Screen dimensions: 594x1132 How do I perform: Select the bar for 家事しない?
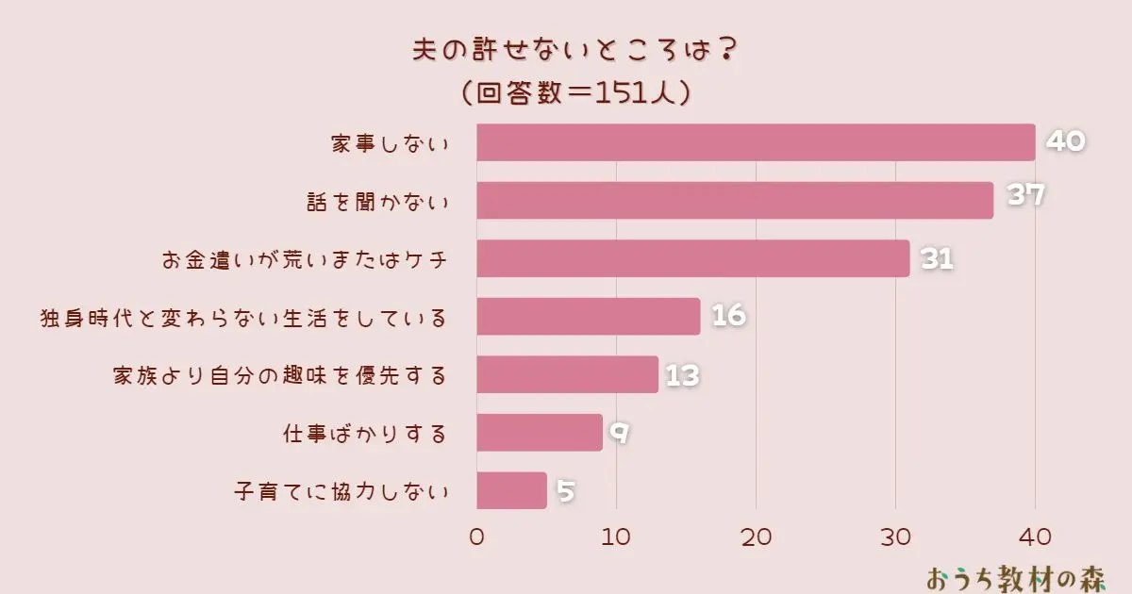pyautogui.click(x=756, y=142)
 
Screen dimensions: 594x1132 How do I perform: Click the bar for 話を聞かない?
pyautogui.click(x=735, y=200)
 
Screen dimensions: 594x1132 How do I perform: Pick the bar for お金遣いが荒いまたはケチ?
pyautogui.click(x=693, y=258)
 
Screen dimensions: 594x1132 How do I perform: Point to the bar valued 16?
pyautogui.click(x=589, y=317)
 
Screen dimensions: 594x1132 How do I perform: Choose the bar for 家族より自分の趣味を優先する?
pyautogui.click(x=567, y=374)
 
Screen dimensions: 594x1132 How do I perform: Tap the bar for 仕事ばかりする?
pyautogui.click(x=540, y=433)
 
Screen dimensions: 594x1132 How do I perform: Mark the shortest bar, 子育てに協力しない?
pyautogui.click(x=511, y=490)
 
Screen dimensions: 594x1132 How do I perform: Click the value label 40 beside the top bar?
pyautogui.click(x=1066, y=141)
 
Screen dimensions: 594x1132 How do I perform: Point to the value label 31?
pyautogui.click(x=938, y=258)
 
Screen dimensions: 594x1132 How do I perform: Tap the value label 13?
pyautogui.click(x=682, y=375)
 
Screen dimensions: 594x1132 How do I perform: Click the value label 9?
pyautogui.click(x=619, y=434)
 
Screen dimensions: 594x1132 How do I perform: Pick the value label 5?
pyautogui.click(x=565, y=491)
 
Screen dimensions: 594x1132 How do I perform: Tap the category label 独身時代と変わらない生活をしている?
pyautogui.click(x=242, y=318)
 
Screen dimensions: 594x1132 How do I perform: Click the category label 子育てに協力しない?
pyautogui.click(x=340, y=492)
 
